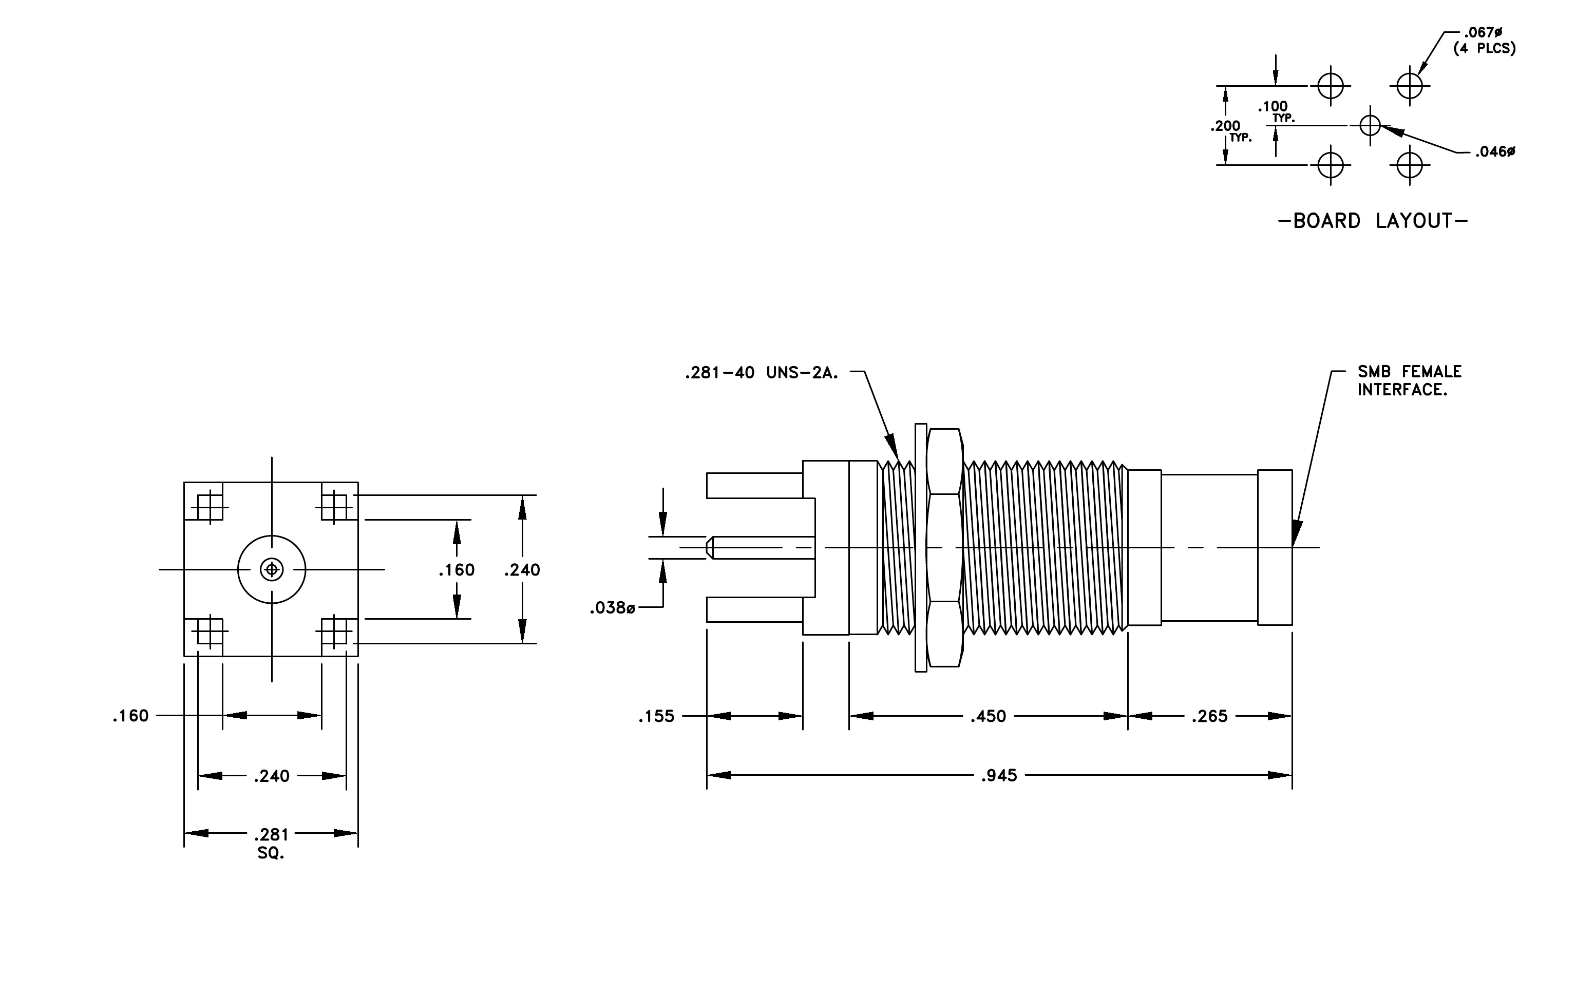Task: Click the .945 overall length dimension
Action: point(999,776)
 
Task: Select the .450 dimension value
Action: point(988,716)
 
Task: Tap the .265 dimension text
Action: point(1209,716)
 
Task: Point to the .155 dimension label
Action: point(656,716)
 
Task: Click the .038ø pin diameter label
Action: point(613,608)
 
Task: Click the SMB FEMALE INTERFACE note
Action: point(1409,381)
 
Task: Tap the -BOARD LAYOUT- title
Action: point(1373,221)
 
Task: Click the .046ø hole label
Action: point(1495,152)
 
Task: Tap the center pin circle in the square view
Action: point(272,570)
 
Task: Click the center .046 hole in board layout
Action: point(1371,125)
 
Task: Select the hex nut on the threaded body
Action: point(944,547)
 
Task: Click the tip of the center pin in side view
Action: point(708,547)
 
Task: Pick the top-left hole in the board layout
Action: point(1331,86)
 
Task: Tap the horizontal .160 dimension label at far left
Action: point(131,716)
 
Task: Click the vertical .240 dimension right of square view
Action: point(522,570)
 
